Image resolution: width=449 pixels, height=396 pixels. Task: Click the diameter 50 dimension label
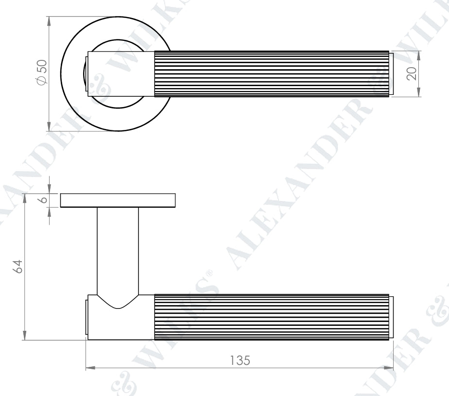tap(41, 73)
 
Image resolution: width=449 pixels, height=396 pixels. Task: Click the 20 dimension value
tap(412, 73)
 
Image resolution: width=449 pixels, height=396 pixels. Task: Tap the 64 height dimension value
tap(18, 267)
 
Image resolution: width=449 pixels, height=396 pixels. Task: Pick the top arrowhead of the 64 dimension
tap(25, 197)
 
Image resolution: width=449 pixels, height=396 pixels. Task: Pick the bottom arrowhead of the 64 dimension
tap(25, 337)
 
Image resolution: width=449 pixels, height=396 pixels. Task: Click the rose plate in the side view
tap(118, 200)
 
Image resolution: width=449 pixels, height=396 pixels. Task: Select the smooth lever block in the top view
tap(121, 73)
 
